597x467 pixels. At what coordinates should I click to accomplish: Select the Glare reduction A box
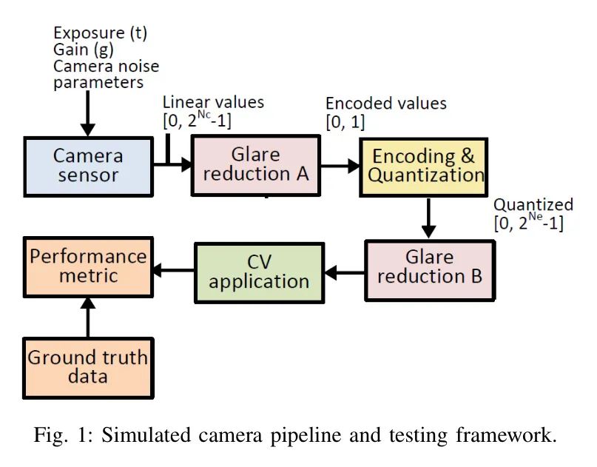tap(255, 166)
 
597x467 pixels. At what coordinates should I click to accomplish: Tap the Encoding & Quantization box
tap(422, 166)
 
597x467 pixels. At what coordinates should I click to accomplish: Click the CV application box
tap(259, 272)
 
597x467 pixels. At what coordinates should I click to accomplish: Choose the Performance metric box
tap(88, 266)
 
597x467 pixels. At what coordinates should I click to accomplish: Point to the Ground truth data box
tap(88, 366)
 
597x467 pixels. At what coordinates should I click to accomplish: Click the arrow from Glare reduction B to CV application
tap(344, 272)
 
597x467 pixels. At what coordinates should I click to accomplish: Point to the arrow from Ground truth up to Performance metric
tap(88, 316)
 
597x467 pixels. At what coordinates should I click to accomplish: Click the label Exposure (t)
tap(99, 33)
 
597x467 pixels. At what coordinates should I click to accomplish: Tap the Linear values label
tap(213, 101)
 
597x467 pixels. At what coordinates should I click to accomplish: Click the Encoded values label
tap(386, 103)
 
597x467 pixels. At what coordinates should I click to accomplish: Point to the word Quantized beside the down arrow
tap(533, 204)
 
